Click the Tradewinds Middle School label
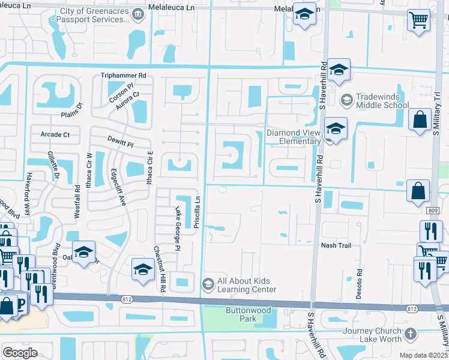[x=382, y=101]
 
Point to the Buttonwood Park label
[x=249, y=314]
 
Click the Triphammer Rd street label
[x=124, y=76]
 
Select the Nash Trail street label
[x=336, y=245]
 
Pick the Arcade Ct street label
[x=55, y=134]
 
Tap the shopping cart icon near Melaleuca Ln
[x=418, y=20]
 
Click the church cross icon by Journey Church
[x=410, y=333]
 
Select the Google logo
[x=20, y=353]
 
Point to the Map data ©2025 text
[x=423, y=355]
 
